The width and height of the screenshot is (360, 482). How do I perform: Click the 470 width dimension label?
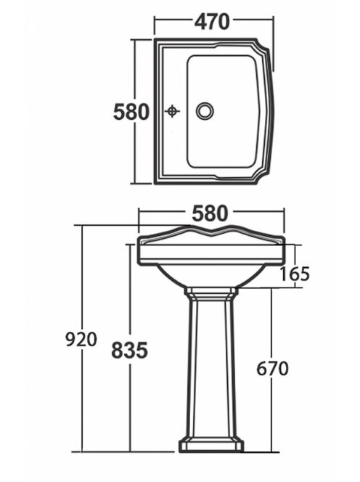(212, 22)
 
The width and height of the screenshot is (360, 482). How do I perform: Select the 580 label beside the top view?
(131, 112)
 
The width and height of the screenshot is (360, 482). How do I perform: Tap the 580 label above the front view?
(210, 213)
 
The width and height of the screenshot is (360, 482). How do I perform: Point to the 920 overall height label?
(81, 340)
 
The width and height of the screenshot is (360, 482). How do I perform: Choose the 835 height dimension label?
(129, 351)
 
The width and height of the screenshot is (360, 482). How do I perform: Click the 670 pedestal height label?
(273, 368)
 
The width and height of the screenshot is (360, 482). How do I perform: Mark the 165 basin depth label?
(295, 274)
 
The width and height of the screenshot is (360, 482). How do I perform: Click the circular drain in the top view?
(205, 111)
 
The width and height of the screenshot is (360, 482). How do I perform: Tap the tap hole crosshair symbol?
(172, 111)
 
